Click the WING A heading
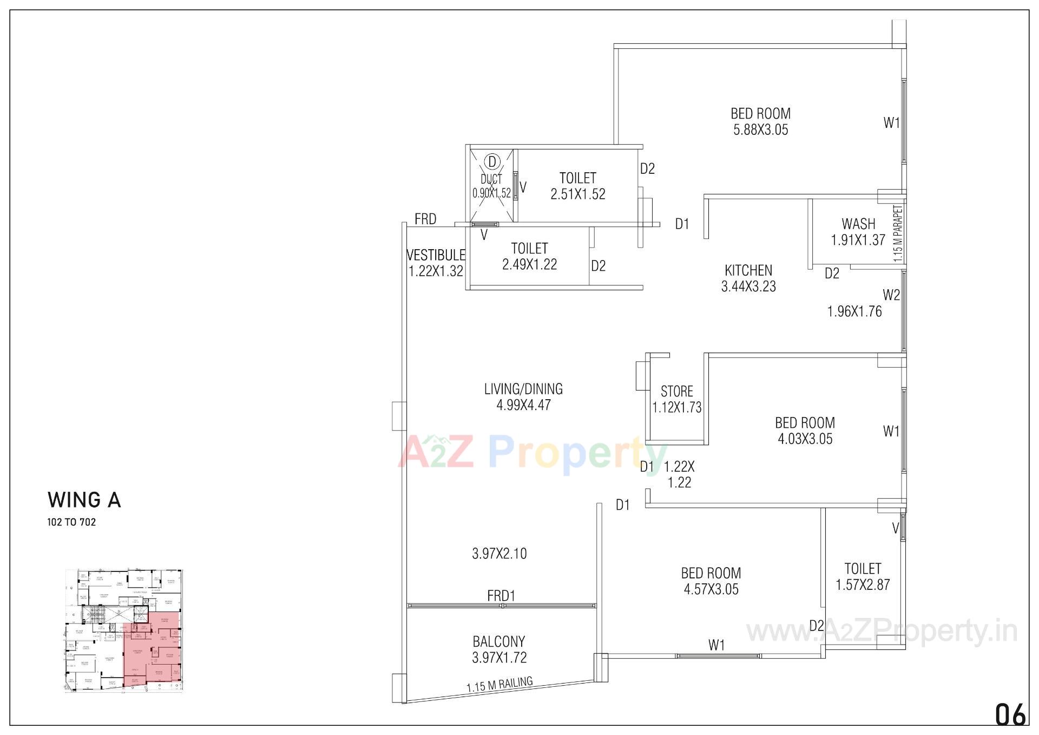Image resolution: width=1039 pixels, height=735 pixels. coord(84,500)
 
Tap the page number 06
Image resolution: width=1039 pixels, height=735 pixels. coord(1010,714)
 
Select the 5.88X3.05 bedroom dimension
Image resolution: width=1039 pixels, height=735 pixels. coord(760,130)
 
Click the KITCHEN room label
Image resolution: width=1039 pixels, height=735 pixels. coord(748,270)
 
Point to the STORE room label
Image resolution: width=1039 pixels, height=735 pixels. coord(676,391)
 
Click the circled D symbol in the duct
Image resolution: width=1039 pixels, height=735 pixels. coord(492,161)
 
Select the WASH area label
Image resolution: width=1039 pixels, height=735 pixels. coord(858,224)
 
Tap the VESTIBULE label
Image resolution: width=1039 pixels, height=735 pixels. coord(436,255)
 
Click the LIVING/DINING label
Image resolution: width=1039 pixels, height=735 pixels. coord(523,389)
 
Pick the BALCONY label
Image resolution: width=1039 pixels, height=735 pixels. coord(498,642)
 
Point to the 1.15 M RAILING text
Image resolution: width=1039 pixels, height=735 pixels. coord(499,685)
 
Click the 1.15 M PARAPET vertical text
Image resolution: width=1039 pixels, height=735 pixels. coord(898,233)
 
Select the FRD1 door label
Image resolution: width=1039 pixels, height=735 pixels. coord(501,596)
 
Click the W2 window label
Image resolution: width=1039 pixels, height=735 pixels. coord(891,295)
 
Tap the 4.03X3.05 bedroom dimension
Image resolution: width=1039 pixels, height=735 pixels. coord(805,439)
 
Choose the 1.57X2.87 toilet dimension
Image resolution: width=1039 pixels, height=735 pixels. coord(863,585)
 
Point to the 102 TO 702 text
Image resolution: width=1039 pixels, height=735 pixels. coord(71,523)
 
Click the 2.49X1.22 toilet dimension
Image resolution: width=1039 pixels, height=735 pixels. coord(529,264)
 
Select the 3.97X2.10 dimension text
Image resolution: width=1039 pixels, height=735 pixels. coord(499,554)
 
